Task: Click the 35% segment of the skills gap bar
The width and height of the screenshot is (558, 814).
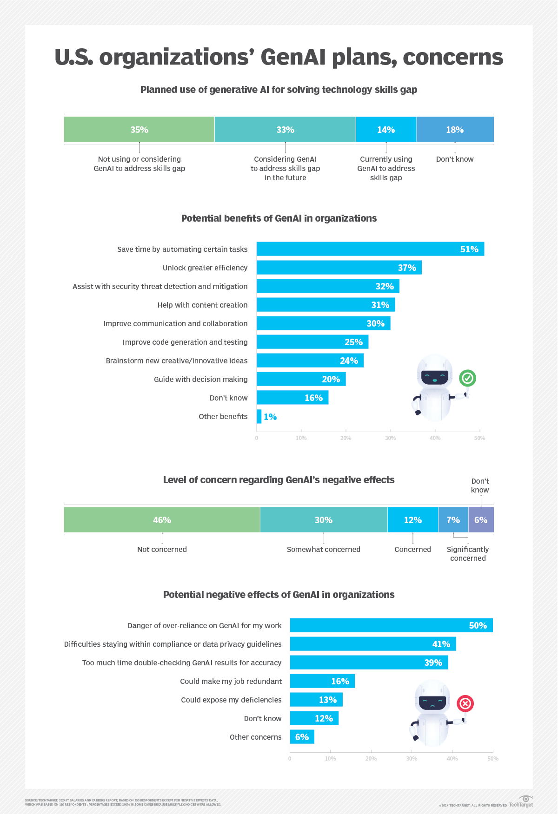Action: [x=139, y=130]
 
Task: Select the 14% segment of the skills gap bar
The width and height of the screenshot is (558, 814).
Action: [x=386, y=130]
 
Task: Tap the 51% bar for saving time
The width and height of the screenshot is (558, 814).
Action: [x=370, y=249]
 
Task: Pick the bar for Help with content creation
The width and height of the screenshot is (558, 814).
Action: [x=325, y=305]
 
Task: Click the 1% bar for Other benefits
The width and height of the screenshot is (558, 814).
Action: [x=259, y=416]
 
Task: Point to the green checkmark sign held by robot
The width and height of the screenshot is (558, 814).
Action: [x=467, y=378]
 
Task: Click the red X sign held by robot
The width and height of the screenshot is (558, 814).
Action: [x=465, y=703]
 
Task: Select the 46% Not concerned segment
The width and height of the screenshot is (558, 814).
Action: [x=162, y=520]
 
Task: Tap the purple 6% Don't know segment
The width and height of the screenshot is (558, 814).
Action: [x=481, y=520]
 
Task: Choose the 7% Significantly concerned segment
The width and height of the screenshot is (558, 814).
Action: [x=453, y=520]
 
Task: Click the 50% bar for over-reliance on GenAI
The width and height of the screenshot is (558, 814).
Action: [x=391, y=625]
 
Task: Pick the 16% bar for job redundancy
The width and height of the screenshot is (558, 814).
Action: [x=322, y=681]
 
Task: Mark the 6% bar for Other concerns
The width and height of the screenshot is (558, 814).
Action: [x=302, y=737]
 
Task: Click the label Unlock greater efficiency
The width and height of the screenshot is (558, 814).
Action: [x=205, y=268]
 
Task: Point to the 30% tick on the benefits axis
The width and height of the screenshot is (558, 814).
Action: [x=390, y=438]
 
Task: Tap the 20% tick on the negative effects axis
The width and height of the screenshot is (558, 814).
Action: [x=371, y=759]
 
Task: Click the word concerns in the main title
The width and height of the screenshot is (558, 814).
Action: [x=452, y=57]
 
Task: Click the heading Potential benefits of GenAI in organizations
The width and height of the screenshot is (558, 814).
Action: [x=279, y=218]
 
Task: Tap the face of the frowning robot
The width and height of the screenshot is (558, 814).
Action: [x=432, y=702]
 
